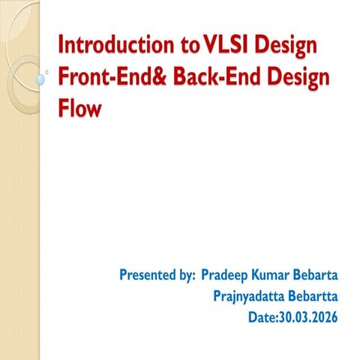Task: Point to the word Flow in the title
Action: [x=78, y=112]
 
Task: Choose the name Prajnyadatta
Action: [x=250, y=296]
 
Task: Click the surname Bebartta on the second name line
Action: [x=313, y=296]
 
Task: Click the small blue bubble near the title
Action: [x=40, y=77]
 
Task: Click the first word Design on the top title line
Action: [x=286, y=46]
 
